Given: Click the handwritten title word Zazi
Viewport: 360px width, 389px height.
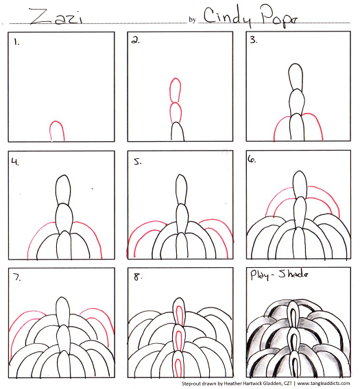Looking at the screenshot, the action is [56, 16].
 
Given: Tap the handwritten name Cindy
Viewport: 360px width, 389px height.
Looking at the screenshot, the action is [228, 16].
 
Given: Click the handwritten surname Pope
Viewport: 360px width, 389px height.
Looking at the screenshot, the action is [279, 16].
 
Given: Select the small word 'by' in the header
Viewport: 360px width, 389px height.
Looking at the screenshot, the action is [192, 20].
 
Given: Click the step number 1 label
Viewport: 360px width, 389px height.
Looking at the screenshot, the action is [16, 42].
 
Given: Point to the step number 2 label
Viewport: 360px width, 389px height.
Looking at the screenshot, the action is [135, 40].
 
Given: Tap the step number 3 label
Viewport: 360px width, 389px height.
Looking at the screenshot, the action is [254, 40].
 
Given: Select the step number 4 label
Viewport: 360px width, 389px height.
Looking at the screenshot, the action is [15, 162].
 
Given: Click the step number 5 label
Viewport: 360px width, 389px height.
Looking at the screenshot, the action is [138, 162].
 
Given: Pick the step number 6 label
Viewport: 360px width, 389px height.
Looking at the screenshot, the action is [252, 159].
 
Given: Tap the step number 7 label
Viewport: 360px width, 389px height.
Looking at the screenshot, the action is [17, 277].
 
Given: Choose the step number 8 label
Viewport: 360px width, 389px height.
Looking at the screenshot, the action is [138, 277].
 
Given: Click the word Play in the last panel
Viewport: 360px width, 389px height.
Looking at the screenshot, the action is [259, 275].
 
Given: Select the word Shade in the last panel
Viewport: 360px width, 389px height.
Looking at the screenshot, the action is [293, 274].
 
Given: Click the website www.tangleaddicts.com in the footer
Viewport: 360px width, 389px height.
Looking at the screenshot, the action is [324, 384].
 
